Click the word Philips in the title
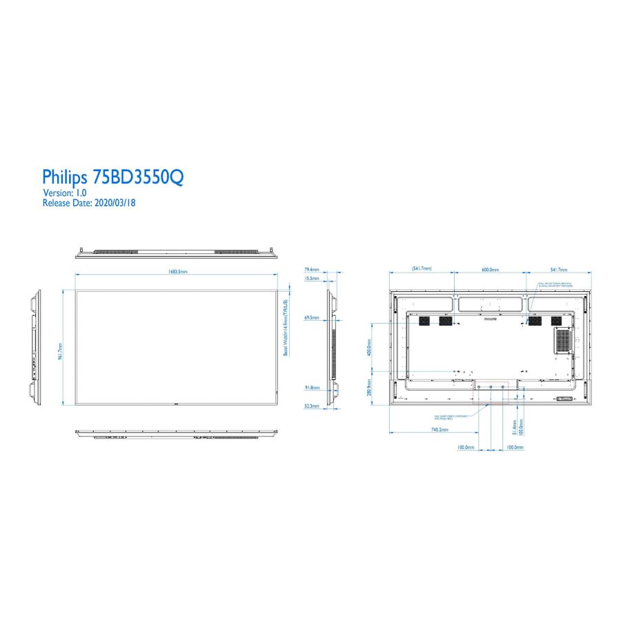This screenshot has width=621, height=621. click(66, 177)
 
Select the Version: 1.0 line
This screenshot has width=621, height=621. click(65, 193)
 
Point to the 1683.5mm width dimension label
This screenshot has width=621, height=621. click(178, 271)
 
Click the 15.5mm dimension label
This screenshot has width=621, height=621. click(311, 278)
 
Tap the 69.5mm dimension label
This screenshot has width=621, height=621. click(311, 317)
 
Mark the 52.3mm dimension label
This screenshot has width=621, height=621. click(311, 406)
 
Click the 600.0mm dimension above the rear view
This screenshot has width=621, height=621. click(490, 269)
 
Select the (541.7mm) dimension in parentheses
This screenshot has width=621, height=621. click(422, 268)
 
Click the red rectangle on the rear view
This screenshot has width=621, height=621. click(490, 392)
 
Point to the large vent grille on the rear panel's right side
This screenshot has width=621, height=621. click(564, 339)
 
